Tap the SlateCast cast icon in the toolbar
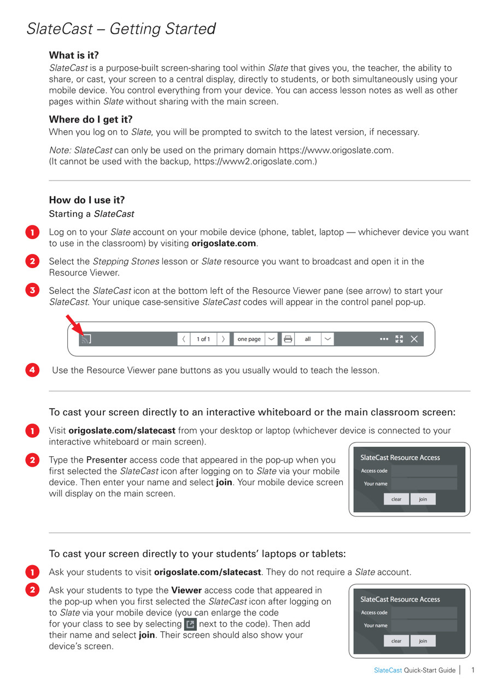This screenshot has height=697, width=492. pos(85,339)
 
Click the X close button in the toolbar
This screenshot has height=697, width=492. pos(414,339)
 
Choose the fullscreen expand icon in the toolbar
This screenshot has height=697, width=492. pos(399,339)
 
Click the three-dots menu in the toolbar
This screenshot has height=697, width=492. pos(384,339)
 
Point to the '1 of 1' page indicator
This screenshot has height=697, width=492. pos(203,339)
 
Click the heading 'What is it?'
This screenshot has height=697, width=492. pos(74,55)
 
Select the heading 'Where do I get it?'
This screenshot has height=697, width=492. pos(91,119)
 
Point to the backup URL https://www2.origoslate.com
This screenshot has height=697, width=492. pos(254,161)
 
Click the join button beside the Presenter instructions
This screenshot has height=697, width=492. pos(423,499)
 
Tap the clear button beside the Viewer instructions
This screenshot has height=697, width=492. pos(396,641)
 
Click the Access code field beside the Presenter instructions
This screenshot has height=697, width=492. pos(424,471)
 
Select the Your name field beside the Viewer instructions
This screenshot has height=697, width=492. pos(424,625)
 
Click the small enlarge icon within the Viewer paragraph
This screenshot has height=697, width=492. pos(190,624)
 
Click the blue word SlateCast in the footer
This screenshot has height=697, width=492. pos(388,670)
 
